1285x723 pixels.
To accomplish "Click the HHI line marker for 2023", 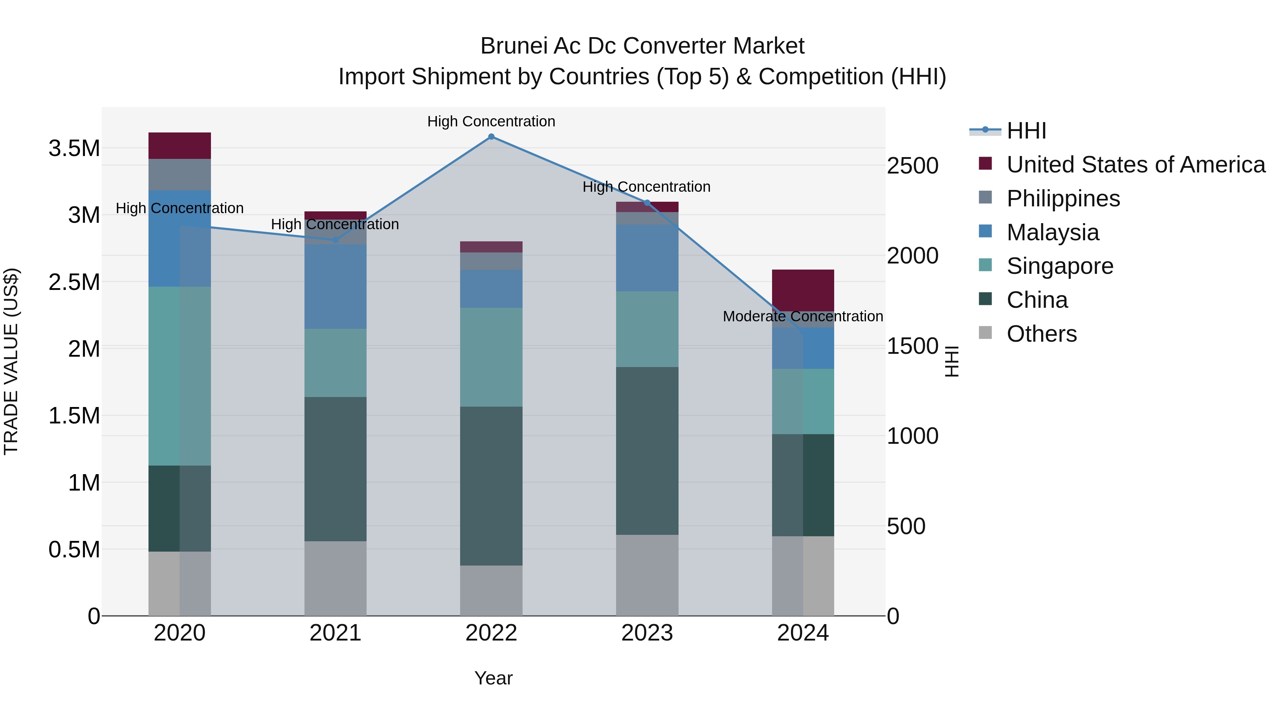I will pyautogui.click(x=647, y=202).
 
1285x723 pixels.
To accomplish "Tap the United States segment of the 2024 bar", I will pyautogui.click(x=803, y=290).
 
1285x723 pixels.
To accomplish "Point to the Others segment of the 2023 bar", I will pyautogui.click(x=647, y=575).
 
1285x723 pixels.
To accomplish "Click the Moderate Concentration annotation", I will pyautogui.click(x=803, y=316).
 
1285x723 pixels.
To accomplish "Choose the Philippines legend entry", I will pyautogui.click(x=1063, y=199).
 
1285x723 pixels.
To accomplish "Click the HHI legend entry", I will pyautogui.click(x=1026, y=131).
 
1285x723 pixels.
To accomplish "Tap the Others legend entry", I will pyautogui.click(x=1041, y=334).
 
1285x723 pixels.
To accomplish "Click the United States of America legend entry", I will pyautogui.click(x=1135, y=165).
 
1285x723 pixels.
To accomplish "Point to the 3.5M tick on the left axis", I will pyautogui.click(x=74, y=149).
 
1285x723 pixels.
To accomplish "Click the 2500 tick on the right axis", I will pyautogui.click(x=912, y=166).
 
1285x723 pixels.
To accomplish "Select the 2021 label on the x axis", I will pyautogui.click(x=335, y=633).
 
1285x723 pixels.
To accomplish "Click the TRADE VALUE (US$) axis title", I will pyautogui.click(x=11, y=361).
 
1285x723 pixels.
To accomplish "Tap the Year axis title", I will pyautogui.click(x=493, y=678).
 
